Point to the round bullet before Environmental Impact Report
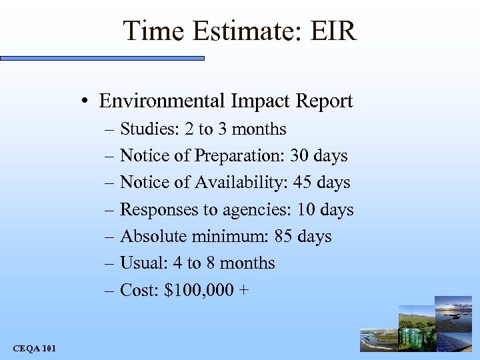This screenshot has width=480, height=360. [x=87, y=102]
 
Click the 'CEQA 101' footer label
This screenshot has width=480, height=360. [x=34, y=348]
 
